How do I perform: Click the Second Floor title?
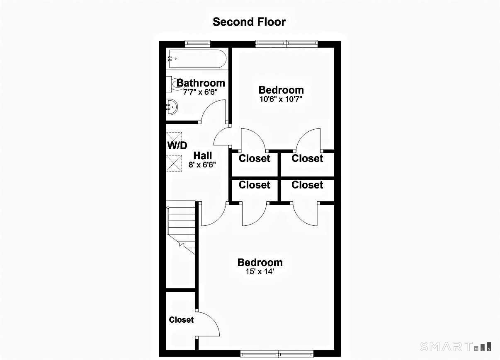click(249, 22)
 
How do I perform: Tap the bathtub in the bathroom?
click(197, 59)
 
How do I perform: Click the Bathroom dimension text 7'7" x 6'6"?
click(200, 92)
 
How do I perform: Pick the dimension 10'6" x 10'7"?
click(281, 99)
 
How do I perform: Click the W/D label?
click(177, 145)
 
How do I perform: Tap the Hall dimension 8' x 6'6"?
click(202, 165)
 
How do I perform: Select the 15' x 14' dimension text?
click(260, 271)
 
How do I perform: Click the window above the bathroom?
click(197, 43)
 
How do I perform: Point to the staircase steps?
click(181, 230)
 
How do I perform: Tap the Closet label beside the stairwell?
click(181, 320)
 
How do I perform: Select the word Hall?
click(202, 155)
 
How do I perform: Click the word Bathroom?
click(201, 83)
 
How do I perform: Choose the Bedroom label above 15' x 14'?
click(260, 262)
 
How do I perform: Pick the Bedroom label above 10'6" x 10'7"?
click(281, 90)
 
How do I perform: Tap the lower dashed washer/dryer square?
click(174, 163)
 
